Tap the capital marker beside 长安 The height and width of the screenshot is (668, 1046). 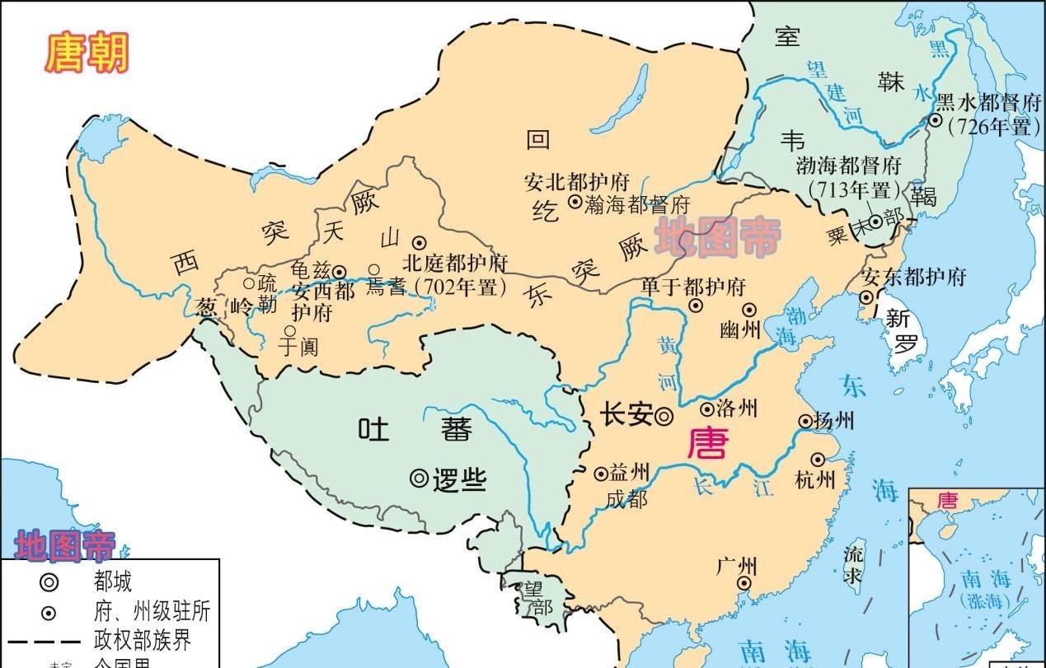pos(664,417)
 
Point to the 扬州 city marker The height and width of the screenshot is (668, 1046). pos(805,422)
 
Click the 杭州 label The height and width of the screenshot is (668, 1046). pos(816,479)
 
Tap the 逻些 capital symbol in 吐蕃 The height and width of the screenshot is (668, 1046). pos(420,478)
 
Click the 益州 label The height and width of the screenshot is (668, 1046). pos(629,473)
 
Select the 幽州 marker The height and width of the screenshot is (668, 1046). pos(749,310)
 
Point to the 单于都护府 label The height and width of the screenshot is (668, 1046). pos(693,286)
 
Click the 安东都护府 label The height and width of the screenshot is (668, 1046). pos(913,276)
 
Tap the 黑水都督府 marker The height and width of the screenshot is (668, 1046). pos(936,120)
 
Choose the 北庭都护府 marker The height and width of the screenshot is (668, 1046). pos(419,242)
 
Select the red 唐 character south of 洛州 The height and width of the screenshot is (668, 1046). pos(708,442)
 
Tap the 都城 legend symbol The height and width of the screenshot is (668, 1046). pos(49,582)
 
